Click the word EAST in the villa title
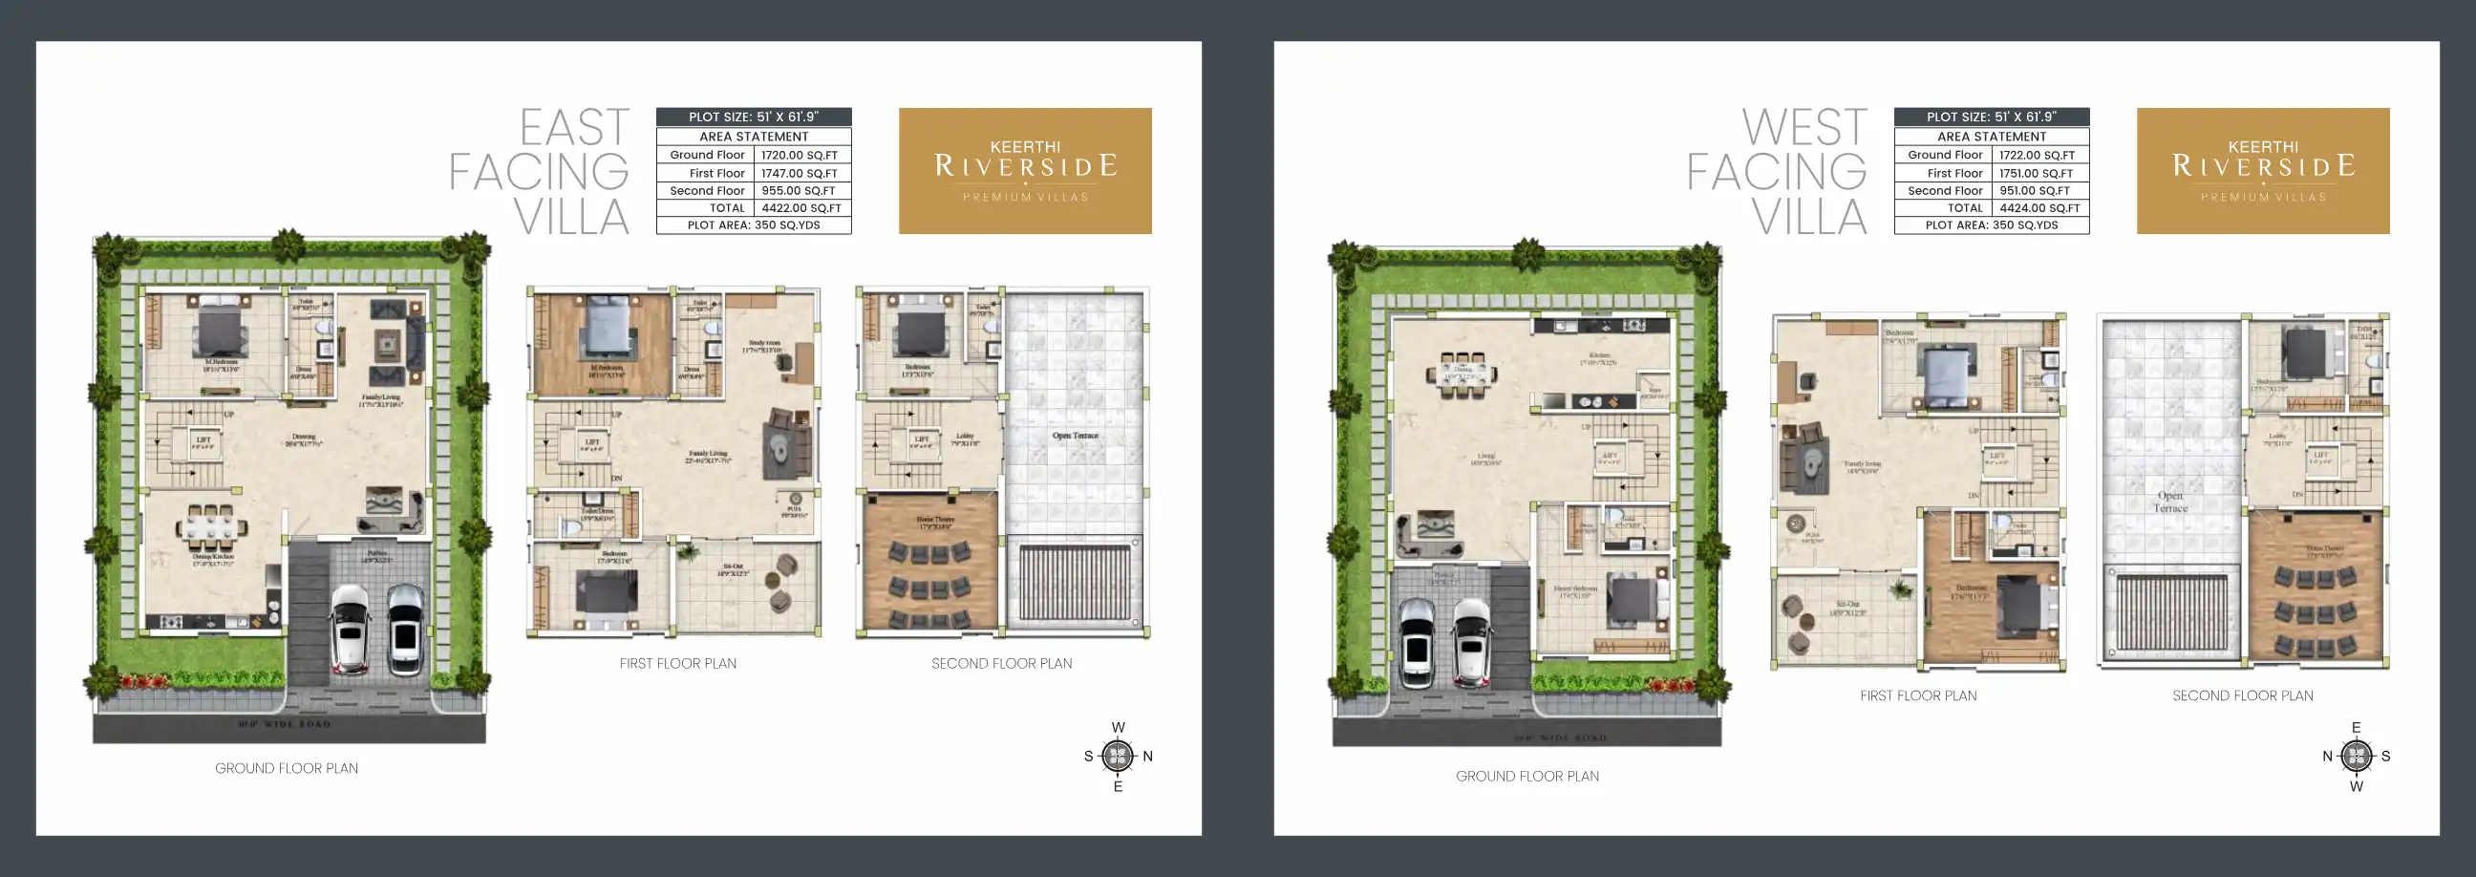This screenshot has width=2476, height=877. pyautogui.click(x=575, y=128)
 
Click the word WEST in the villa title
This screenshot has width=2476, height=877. pyautogui.click(x=1804, y=128)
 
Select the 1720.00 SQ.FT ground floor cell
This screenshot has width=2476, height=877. pyautogui.click(x=799, y=155)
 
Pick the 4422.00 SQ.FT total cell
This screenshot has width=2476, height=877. pyautogui.click(x=800, y=207)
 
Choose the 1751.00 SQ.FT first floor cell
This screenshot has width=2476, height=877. pyautogui.click(x=2036, y=173)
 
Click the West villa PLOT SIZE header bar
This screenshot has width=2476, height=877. pyautogui.click(x=1991, y=117)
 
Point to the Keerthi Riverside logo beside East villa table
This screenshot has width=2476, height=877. pyautogui.click(x=1025, y=170)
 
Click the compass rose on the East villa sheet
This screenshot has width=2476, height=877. pyautogui.click(x=1117, y=756)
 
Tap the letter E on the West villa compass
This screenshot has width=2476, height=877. pyautogui.click(x=2356, y=728)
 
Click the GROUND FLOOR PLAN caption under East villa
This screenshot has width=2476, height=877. pyautogui.click(x=287, y=768)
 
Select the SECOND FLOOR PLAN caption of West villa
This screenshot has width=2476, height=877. pyautogui.click(x=2242, y=695)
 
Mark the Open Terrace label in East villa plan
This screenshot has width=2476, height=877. pyautogui.click(x=1075, y=436)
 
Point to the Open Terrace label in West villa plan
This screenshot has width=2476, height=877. pyautogui.click(x=2169, y=502)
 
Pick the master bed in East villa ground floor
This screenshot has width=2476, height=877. pyautogui.click(x=221, y=329)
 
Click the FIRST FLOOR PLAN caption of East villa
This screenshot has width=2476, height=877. pyautogui.click(x=677, y=664)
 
